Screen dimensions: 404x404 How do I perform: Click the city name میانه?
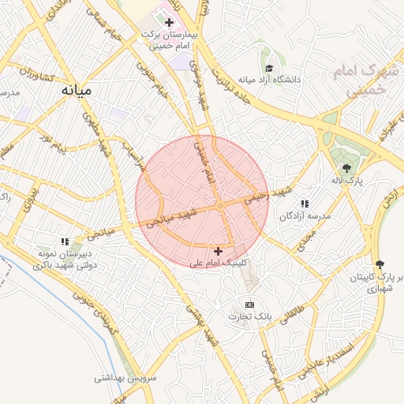77,90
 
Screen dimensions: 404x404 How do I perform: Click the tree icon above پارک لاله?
346,167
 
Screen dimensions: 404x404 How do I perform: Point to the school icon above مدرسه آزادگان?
305,204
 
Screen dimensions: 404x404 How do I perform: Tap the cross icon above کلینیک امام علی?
218,251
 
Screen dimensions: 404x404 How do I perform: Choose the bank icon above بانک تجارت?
250,305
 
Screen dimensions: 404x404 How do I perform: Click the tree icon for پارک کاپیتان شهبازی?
380,264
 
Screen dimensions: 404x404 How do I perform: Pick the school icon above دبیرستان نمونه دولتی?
66,241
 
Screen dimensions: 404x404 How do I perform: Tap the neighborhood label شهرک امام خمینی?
362,81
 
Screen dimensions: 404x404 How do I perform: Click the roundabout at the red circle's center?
219,206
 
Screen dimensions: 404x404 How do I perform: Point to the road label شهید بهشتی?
200,324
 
